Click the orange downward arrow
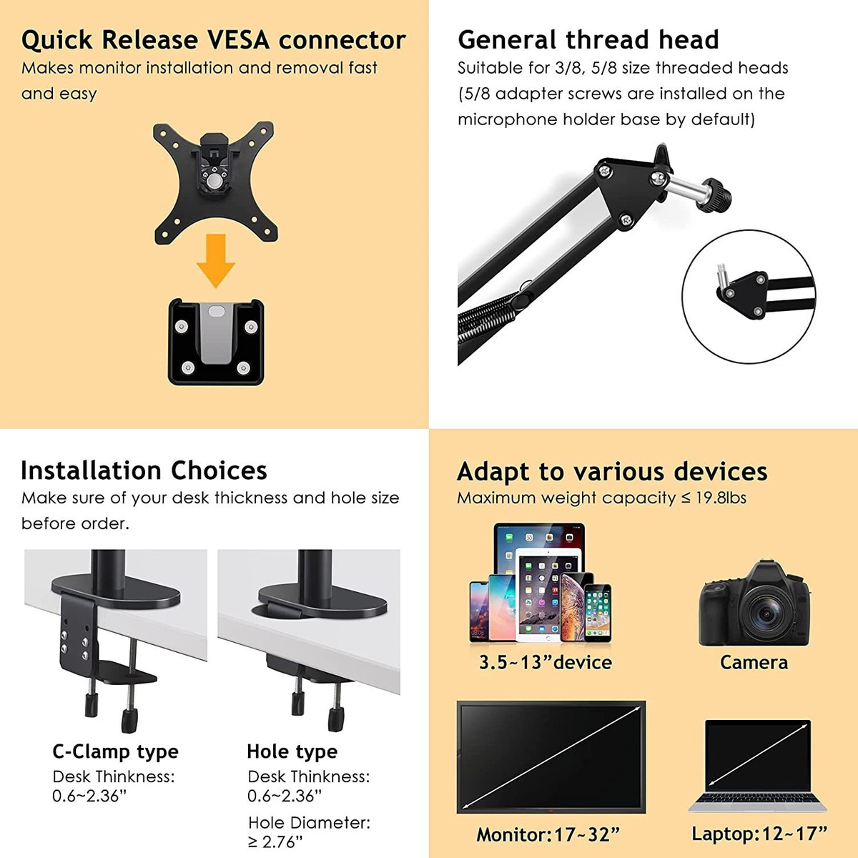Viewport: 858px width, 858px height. (216, 260)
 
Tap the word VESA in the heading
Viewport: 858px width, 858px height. (239, 40)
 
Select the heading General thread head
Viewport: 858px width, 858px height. (588, 39)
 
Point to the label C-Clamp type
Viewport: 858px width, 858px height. (115, 752)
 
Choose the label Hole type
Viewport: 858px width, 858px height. (292, 752)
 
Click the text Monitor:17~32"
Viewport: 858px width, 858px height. (548, 834)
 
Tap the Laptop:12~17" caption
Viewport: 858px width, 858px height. (759, 834)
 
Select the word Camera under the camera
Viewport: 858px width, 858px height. (754, 663)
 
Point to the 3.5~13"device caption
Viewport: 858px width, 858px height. (546, 663)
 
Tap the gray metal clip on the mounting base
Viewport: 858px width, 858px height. (217, 332)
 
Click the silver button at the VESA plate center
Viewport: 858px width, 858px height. (215, 181)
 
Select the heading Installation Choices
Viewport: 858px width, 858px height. (144, 470)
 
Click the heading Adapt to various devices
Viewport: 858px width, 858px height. (612, 471)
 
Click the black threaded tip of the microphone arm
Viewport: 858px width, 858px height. (719, 197)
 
